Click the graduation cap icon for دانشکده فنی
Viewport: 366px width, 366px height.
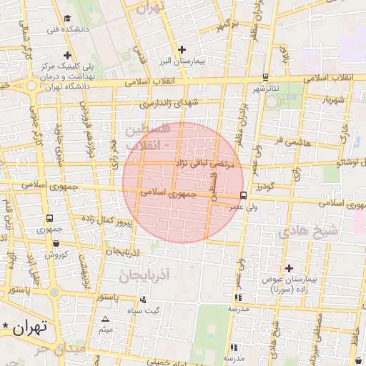[x=67, y=18]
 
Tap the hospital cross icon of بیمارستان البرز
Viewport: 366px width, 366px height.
[x=182, y=50]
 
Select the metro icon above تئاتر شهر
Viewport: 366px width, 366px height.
[x=265, y=77]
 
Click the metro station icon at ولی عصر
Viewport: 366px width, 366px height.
[x=244, y=195]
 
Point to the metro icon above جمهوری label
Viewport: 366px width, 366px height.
[x=49, y=218]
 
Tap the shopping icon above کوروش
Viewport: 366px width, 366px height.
[x=56, y=243]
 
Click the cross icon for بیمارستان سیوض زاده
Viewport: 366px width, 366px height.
[x=289, y=268]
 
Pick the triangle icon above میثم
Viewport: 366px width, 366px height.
[x=106, y=319]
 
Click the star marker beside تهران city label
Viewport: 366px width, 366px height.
[x=6, y=327]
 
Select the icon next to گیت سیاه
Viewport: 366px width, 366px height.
[x=144, y=300]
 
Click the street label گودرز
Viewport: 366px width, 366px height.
[x=284, y=187]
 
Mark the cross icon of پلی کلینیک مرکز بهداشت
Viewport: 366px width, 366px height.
[x=67, y=55]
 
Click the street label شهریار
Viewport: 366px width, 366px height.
[x=332, y=99]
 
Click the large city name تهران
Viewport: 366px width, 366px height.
[x=29, y=327]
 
